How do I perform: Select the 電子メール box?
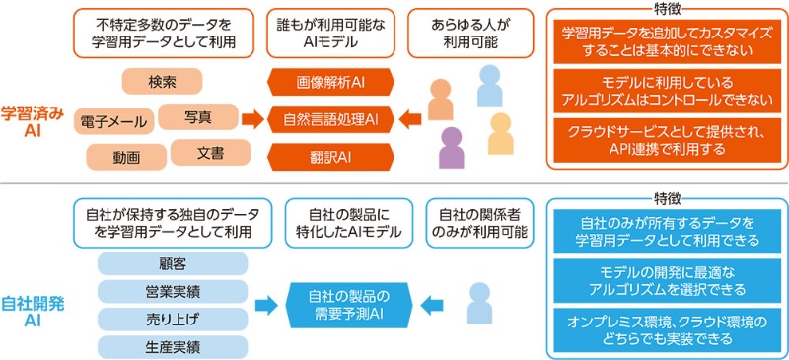pos(114,121)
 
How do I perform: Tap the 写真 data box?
pos(197,117)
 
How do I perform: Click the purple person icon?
pos(452,147)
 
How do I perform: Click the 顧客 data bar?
pos(173,264)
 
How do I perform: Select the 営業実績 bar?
pos(173,291)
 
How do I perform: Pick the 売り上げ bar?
pos(173,318)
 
